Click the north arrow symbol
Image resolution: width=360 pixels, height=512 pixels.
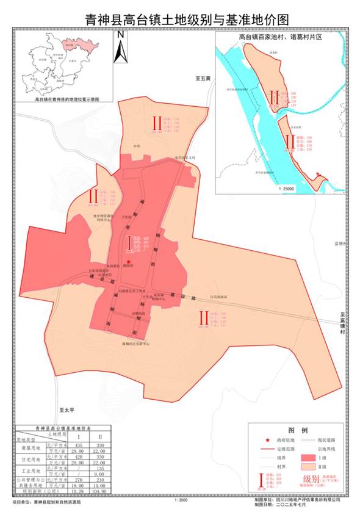[121, 45]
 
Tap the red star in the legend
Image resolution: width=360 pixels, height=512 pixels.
[261, 439]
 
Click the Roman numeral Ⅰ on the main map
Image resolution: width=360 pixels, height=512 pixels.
[130, 242]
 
